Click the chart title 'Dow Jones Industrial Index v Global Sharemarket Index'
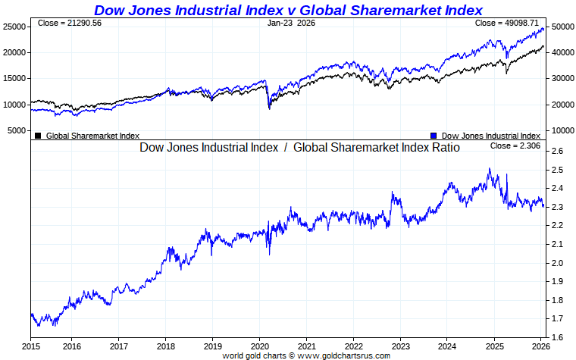[288, 10]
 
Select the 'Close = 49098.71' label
[505, 23]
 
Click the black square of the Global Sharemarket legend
[38, 136]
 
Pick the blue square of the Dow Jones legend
[434, 136]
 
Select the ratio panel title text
[299, 147]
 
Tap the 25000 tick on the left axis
[14, 27]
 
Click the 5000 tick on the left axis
[17, 130]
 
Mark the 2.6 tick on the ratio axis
[557, 152]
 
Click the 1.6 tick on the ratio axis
[557, 337]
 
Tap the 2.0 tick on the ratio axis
[557, 263]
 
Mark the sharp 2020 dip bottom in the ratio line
[268, 254]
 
